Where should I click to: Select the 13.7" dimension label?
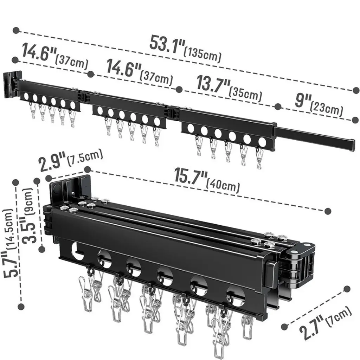tap(213, 84)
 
